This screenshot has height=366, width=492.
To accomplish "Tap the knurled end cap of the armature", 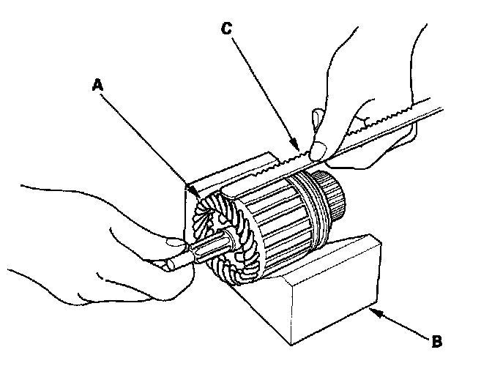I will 334,193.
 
